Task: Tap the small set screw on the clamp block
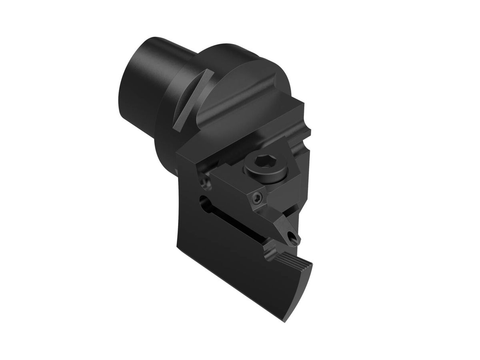pos(256,196)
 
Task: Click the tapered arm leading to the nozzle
pos(283,224)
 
